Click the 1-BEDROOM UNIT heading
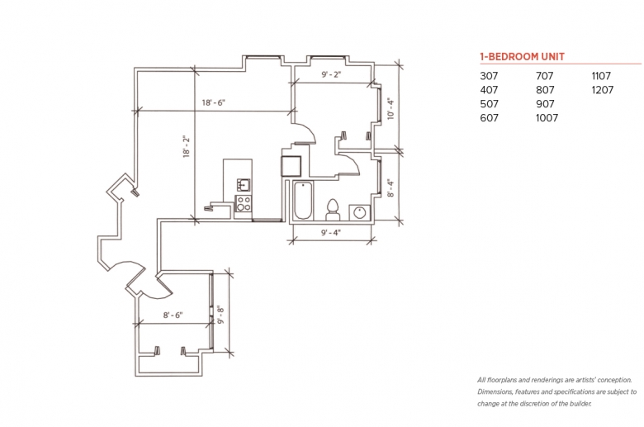[x=522, y=57]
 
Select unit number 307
[x=489, y=76]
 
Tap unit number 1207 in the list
[x=603, y=90]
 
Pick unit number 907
[x=545, y=104]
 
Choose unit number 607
[x=489, y=118]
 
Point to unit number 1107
[x=601, y=76]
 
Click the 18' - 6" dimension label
[x=214, y=102]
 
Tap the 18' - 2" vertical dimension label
[x=187, y=147]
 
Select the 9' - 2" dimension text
[x=331, y=75]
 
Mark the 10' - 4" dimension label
[x=391, y=109]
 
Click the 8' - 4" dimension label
[x=391, y=187]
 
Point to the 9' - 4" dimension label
[x=330, y=233]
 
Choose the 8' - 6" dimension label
[x=173, y=316]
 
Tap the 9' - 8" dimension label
[x=221, y=315]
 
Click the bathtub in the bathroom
[x=303, y=201]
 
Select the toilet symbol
[x=332, y=210]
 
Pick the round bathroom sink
[x=360, y=213]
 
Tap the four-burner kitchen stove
[x=243, y=203]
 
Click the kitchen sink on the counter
[x=244, y=185]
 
